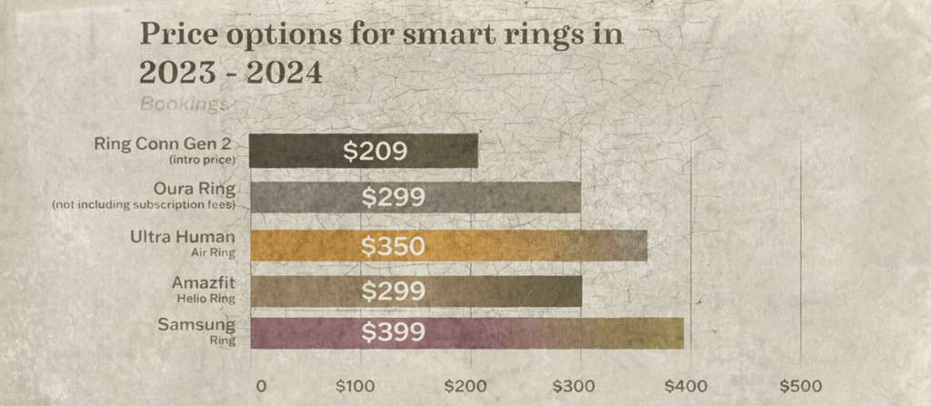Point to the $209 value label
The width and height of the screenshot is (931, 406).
(x=375, y=151)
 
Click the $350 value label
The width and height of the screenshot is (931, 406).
(x=393, y=246)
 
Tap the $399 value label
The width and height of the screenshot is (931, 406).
(x=393, y=333)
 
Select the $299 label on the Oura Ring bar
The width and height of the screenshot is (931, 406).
(x=393, y=197)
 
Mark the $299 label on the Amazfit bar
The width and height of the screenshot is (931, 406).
(x=393, y=291)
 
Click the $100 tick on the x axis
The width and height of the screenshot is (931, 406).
(x=355, y=385)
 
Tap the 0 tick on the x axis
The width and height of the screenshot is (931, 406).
(x=261, y=385)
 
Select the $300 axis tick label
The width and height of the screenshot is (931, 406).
(x=579, y=385)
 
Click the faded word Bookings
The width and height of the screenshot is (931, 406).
(x=184, y=104)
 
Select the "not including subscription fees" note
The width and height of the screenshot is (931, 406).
(x=145, y=204)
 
